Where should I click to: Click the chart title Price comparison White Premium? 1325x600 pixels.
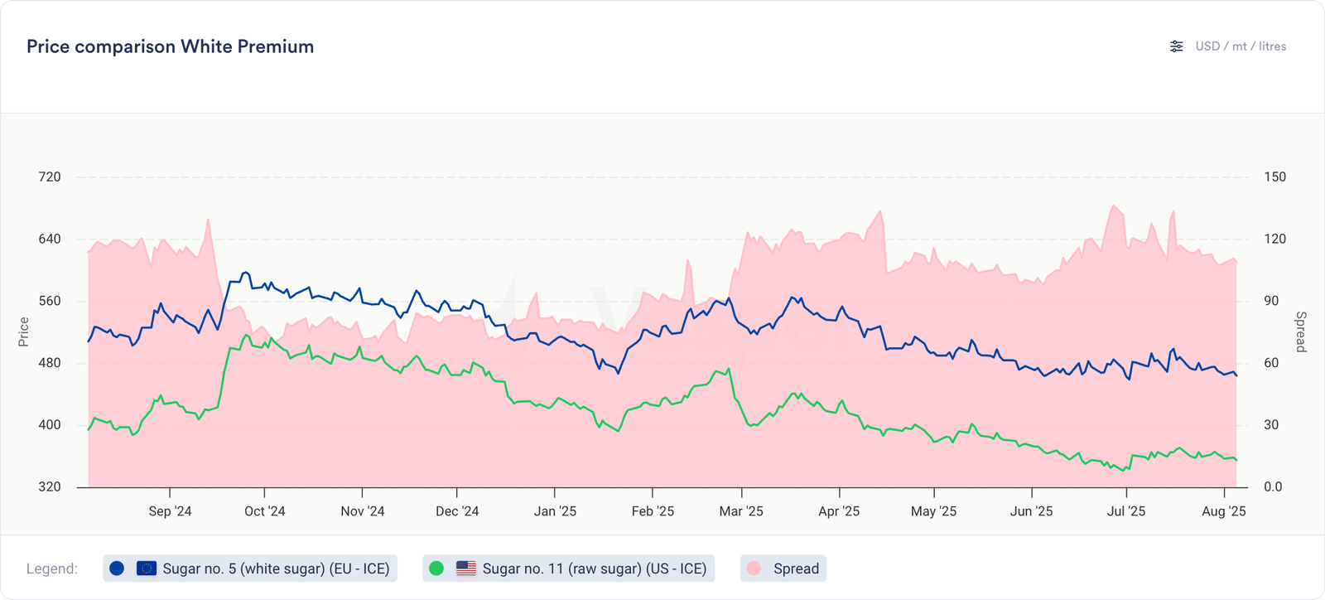click(170, 46)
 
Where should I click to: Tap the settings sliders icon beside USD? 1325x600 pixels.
click(1176, 46)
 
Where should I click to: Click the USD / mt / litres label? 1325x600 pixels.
click(1241, 46)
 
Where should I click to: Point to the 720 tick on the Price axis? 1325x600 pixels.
click(50, 177)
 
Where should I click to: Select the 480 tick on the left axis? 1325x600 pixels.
click(50, 363)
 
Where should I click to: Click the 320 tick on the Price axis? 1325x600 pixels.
click(50, 486)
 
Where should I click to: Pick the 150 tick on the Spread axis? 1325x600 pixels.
click(1274, 177)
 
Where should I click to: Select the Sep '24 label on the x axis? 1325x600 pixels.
click(170, 511)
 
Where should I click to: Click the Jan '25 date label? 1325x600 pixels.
click(555, 511)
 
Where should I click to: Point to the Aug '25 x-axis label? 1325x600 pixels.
click(1223, 511)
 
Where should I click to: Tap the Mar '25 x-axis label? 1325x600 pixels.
click(741, 511)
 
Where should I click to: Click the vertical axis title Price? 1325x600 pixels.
click(24, 331)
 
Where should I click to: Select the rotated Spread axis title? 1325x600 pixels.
click(1301, 331)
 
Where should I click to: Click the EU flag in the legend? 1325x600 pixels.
click(147, 569)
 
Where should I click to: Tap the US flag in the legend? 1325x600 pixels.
click(466, 569)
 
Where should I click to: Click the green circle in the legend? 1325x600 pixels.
click(436, 569)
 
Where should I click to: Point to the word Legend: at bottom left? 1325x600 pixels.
click(52, 569)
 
